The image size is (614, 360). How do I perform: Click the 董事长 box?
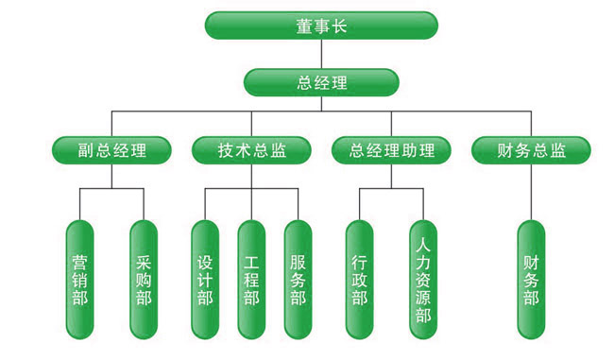321,26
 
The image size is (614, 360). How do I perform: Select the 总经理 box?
321,82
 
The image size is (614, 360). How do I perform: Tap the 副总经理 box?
111,150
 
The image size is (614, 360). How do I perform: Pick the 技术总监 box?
251,150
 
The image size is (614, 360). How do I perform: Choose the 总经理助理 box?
391,150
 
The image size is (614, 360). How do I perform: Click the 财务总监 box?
531,150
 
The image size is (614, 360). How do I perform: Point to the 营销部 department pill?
80,280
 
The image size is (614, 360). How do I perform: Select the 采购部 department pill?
144,280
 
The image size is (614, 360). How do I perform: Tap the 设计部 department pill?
205,280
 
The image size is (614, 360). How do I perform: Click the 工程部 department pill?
251,280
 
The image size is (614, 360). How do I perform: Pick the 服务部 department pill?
298,280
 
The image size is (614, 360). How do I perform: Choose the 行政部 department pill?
360,280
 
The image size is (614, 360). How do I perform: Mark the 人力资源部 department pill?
423,280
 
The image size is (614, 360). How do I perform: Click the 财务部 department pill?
531,280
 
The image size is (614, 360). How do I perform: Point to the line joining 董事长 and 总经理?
321,54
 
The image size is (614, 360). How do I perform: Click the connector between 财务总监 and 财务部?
531,192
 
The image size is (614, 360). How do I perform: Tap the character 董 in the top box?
304,26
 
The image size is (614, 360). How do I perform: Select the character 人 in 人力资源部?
423,246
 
